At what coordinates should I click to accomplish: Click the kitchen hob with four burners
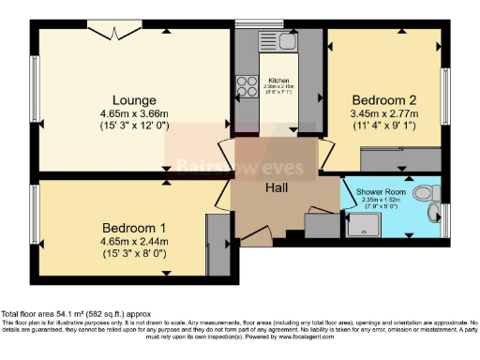click(247, 87)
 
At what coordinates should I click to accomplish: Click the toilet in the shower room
click(427, 193)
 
